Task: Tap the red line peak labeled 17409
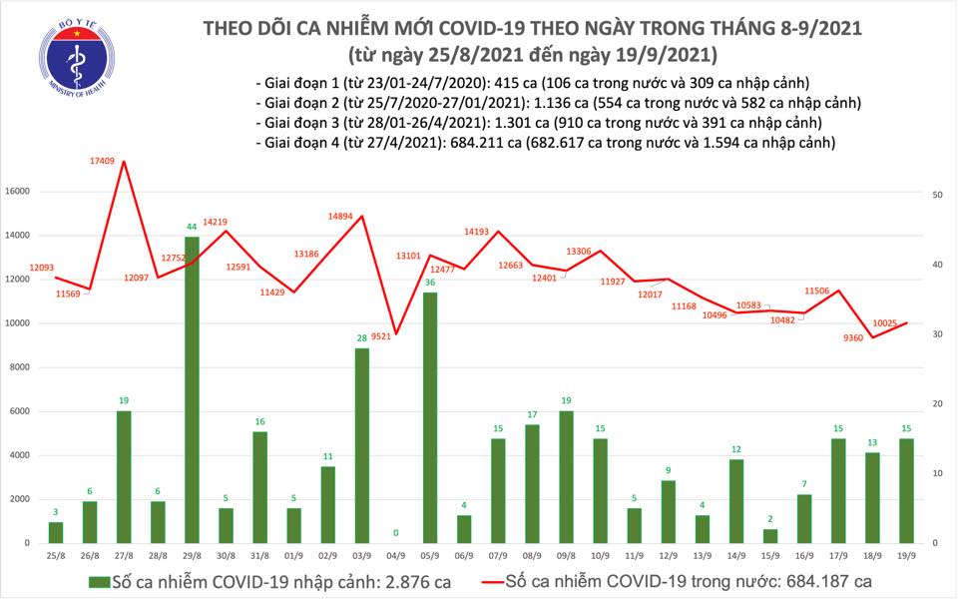pyautogui.click(x=123, y=160)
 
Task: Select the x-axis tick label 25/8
pyautogui.click(x=56, y=555)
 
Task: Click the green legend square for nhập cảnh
pyautogui.click(x=96, y=581)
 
